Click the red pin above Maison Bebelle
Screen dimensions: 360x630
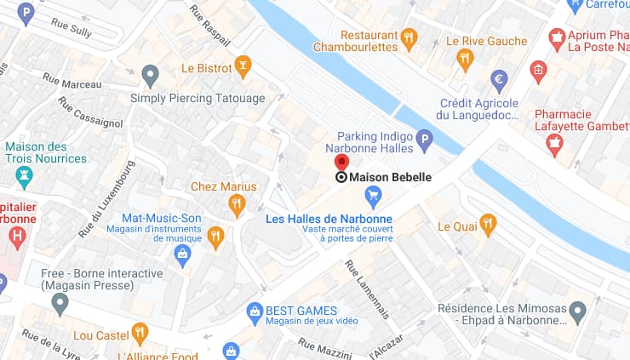[341, 163]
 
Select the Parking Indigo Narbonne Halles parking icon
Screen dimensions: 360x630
[423, 139]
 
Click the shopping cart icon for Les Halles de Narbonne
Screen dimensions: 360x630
[373, 197]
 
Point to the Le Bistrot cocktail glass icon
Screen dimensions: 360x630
[243, 66]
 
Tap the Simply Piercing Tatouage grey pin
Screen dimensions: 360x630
[151, 75]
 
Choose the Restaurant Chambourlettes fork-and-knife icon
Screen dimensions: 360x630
[409, 37]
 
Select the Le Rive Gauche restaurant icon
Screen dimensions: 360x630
[464, 59]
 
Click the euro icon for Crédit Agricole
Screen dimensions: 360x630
[500, 80]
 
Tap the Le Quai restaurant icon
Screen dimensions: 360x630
[488, 225]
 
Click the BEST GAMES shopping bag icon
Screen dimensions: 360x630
[254, 311]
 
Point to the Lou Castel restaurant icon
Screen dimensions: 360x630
[140, 333]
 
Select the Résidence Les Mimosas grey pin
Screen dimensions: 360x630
[578, 310]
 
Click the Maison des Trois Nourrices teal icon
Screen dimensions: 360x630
[25, 177]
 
